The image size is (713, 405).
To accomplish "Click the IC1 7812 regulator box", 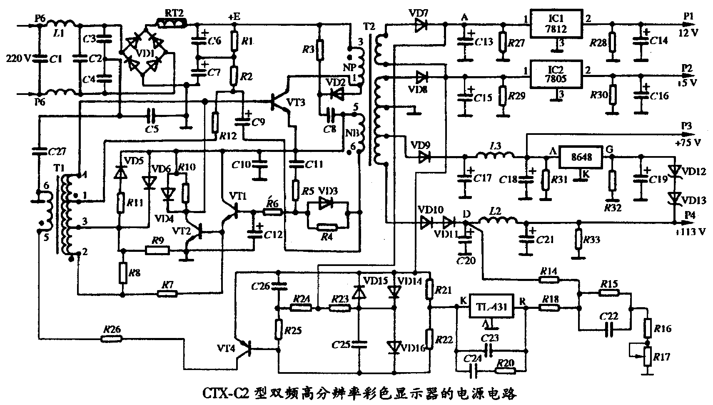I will point(556,24).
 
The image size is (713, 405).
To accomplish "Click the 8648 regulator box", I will point(580,157).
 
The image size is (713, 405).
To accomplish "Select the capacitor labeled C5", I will point(152,113).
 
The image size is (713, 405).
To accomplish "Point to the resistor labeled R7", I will point(168,294).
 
